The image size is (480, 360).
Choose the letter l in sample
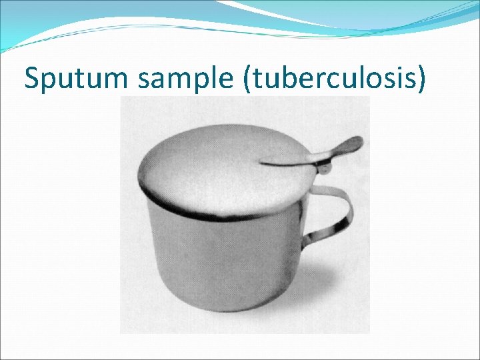tap(213, 78)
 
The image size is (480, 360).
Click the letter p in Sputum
tap(50, 81)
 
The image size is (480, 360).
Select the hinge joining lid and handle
tap(325, 168)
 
